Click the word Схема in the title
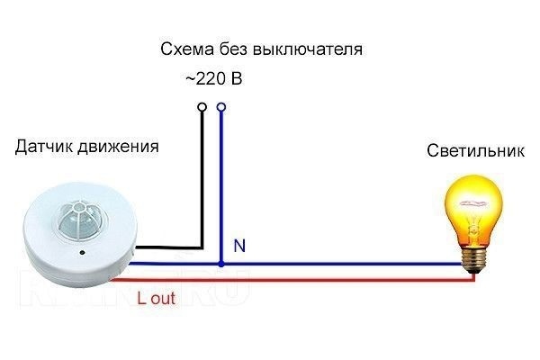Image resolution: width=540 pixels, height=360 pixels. click(184, 48)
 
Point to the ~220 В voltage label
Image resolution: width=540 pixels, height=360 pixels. click(213, 79)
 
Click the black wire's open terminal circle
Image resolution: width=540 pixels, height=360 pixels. click(202, 107)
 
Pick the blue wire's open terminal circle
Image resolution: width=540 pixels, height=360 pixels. click(220, 107)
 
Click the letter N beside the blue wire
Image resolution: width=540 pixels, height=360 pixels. click(238, 245)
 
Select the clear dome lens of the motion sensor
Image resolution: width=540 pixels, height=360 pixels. click(73, 220)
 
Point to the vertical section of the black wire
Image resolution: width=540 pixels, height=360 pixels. click(202, 180)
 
